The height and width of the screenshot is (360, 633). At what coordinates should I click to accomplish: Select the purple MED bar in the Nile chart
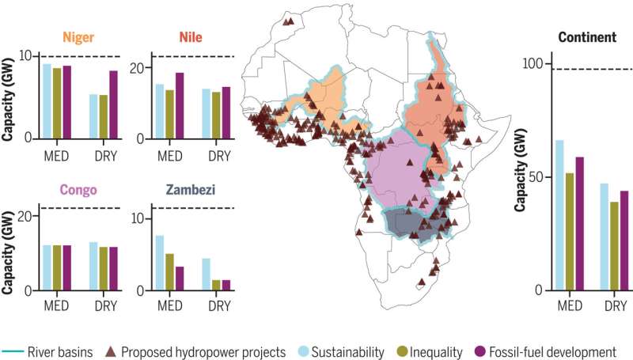click(180, 105)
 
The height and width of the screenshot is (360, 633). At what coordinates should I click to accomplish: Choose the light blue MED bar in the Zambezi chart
click(159, 263)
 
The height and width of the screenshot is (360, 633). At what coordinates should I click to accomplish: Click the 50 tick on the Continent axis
click(540, 177)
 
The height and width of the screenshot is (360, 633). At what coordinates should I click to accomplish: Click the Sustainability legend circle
click(304, 351)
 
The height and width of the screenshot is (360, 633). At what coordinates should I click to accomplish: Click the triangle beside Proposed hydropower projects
click(113, 351)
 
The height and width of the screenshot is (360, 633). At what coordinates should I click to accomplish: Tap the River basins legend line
click(14, 351)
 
